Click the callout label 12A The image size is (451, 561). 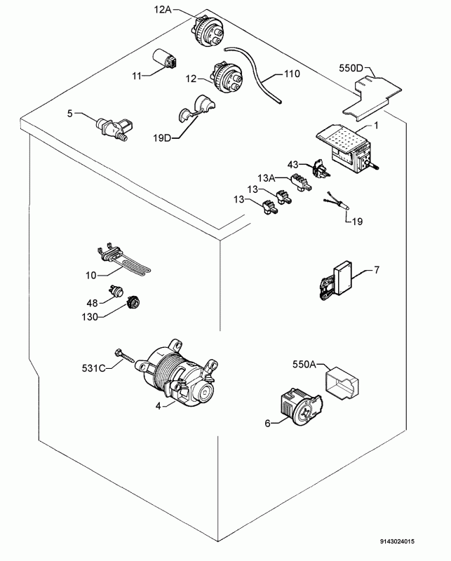[x=163, y=9]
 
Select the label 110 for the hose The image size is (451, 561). [x=291, y=74]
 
